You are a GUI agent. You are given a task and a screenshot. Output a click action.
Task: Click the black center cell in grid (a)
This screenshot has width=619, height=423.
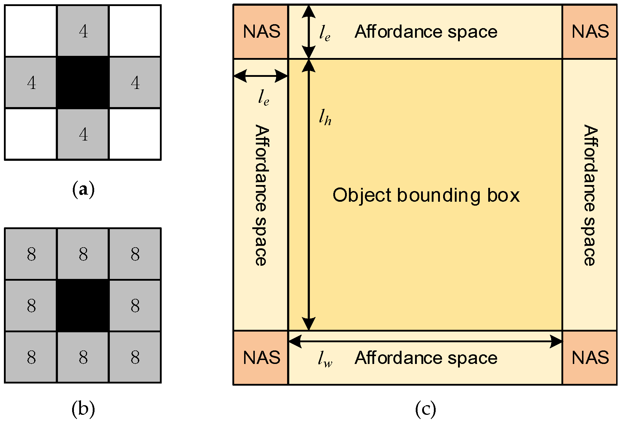coord(83,83)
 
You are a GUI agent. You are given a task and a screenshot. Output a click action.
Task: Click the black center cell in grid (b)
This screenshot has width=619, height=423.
coord(83,306)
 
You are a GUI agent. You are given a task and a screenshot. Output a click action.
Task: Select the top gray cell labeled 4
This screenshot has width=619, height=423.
coord(83,31)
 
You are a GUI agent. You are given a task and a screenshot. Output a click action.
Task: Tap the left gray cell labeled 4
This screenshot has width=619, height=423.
coord(31,83)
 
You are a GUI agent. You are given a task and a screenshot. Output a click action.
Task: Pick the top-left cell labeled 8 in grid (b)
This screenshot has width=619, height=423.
coord(31,254)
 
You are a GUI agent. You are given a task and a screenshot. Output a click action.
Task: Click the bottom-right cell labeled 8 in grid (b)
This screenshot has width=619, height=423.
coord(135,357)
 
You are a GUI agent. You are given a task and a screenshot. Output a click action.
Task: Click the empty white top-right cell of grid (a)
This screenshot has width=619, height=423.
coord(135,31)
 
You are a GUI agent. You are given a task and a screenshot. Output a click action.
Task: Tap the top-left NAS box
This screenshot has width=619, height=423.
coord(261,32)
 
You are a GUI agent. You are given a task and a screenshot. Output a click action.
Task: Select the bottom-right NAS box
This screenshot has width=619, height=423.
coord(590,358)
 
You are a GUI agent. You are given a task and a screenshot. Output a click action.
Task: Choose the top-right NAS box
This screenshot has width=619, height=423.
coord(590,32)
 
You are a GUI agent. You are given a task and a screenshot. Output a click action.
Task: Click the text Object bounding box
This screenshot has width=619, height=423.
coord(426,195)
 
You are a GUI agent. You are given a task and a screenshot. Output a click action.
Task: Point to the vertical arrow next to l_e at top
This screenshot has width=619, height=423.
coord(309,32)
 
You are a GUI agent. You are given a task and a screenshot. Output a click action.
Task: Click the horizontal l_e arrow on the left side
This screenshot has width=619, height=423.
coord(260,76)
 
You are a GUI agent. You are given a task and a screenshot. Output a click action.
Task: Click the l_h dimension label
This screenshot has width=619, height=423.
coord(325,117)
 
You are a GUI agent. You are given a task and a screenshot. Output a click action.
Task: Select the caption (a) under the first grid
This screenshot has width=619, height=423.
coord(83,190)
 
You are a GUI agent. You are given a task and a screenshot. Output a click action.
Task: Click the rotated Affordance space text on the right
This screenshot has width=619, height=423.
coord(590,195)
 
